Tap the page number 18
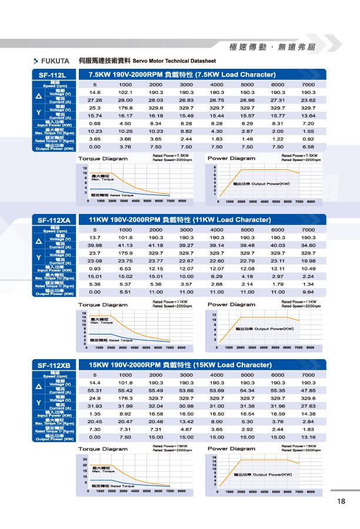click(342, 501)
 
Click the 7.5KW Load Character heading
click(182, 75)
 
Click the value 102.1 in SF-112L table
click(125, 92)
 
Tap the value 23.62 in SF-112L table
click(308, 100)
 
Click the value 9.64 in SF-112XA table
click(308, 292)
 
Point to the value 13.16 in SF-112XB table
click(308, 437)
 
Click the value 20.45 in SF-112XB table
click(95, 421)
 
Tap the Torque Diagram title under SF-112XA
click(102, 304)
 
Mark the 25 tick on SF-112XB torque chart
click(85, 458)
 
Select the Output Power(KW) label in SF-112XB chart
click(262, 474)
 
